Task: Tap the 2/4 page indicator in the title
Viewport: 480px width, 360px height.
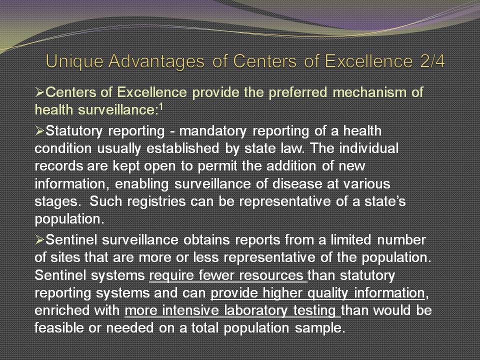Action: [432, 61]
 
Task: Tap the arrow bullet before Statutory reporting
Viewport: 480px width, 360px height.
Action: [40, 130]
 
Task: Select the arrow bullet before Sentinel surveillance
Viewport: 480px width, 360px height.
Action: [40, 239]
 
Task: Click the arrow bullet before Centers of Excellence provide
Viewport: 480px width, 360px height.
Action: [40, 92]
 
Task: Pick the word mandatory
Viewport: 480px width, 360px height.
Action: [213, 131]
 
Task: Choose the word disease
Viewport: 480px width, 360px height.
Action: [297, 184]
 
